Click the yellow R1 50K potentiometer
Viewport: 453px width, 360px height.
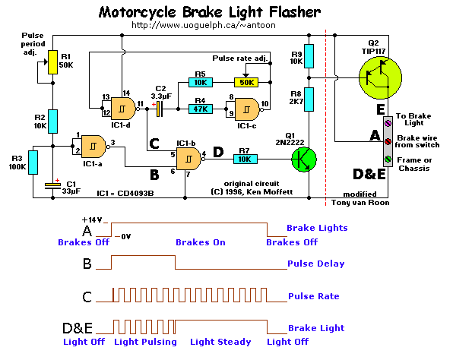click(52, 62)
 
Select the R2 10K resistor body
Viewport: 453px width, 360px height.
click(52, 122)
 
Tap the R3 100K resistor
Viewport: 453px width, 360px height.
click(33, 163)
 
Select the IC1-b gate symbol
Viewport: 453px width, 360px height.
click(189, 159)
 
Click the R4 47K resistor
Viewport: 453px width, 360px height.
click(201, 109)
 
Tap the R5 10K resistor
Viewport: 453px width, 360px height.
click(201, 82)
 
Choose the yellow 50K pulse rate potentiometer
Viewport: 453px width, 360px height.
click(246, 82)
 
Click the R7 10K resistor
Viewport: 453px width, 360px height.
click(246, 159)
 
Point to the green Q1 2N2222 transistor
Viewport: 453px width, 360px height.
click(303, 159)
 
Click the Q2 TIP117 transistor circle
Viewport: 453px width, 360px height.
click(380, 77)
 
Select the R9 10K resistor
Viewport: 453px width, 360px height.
click(309, 56)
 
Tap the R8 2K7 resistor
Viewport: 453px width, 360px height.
click(309, 99)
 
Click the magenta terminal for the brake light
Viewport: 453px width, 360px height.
click(388, 124)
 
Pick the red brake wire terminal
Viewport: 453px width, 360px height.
click(388, 141)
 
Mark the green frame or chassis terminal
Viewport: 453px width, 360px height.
click(388, 159)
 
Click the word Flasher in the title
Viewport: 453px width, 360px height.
click(295, 12)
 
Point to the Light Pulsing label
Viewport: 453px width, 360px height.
click(145, 342)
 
